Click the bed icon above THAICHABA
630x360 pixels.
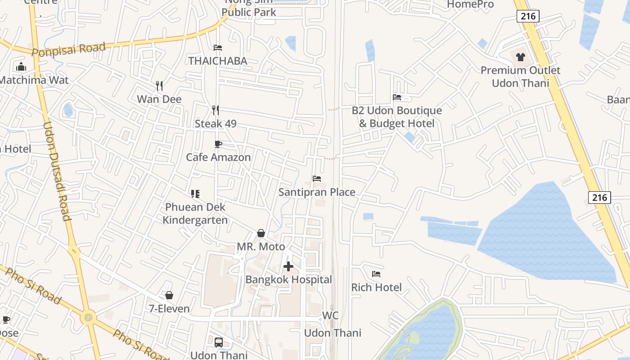tap(218, 48)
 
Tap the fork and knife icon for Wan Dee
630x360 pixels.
tap(159, 85)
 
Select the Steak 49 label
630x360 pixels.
tap(216, 124)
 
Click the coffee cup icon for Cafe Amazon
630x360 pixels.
tap(218, 144)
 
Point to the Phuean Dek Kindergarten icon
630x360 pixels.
tap(195, 194)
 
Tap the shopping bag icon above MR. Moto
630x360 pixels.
tap(261, 233)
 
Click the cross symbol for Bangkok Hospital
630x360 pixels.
tap(288, 266)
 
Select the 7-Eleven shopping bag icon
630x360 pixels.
tap(169, 295)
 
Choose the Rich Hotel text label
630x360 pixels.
tap(376, 287)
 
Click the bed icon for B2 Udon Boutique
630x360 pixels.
tap(397, 97)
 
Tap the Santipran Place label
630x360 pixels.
tap(317, 192)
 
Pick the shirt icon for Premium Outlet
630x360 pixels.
tap(521, 57)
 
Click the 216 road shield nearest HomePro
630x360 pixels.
tap(528, 17)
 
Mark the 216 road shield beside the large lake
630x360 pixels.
tap(599, 197)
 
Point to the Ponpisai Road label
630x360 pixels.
tap(69, 49)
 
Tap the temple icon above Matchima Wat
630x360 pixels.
tap(21, 67)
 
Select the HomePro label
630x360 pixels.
tap(471, 4)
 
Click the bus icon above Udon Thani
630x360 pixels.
tap(219, 342)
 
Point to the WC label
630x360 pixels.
tap(330, 315)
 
